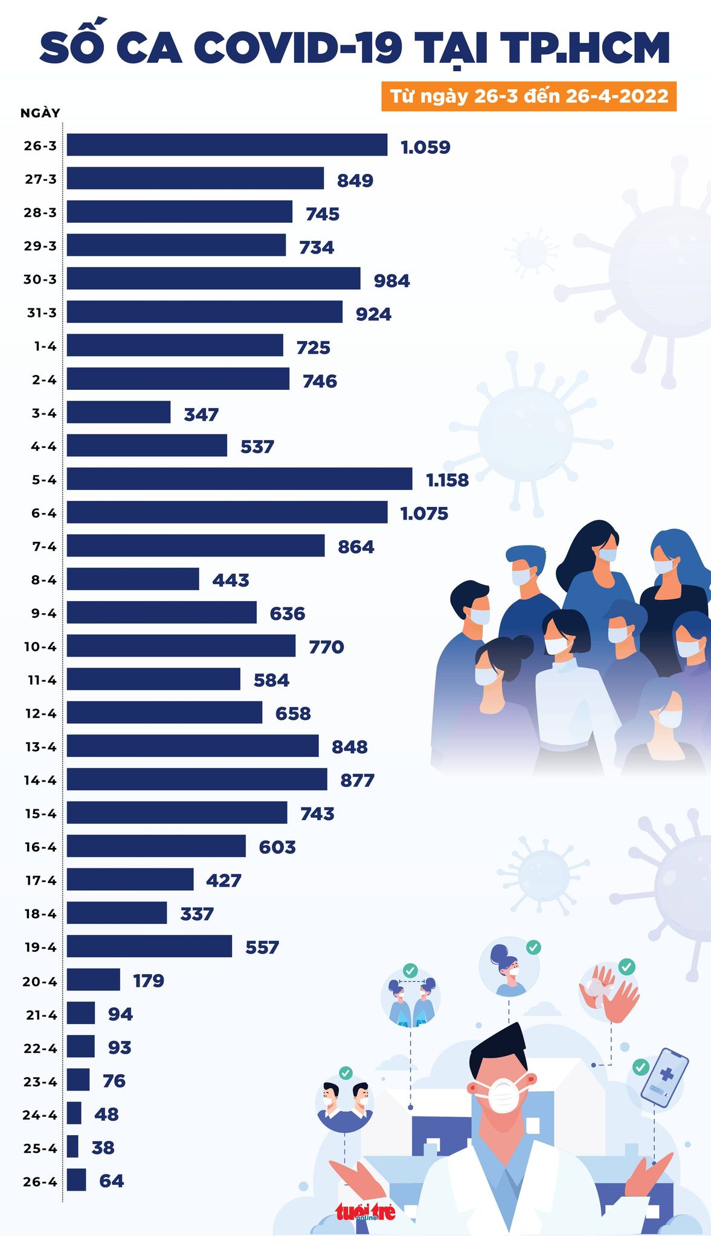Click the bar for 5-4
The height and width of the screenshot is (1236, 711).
click(x=239, y=479)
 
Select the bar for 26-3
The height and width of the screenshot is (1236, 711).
click(x=227, y=145)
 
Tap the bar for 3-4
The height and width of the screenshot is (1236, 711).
click(x=118, y=412)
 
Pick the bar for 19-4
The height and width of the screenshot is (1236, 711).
click(x=149, y=946)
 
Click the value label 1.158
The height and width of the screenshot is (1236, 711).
click(x=447, y=480)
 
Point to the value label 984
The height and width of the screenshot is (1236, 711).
click(x=391, y=281)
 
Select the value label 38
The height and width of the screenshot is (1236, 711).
click(x=103, y=1147)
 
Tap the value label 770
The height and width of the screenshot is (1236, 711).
click(x=326, y=647)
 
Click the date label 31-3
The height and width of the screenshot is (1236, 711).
click(x=40, y=313)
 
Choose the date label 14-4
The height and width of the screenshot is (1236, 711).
click(x=40, y=780)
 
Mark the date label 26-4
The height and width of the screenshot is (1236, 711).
click(x=40, y=1182)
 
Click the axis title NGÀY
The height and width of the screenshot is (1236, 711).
click(x=40, y=113)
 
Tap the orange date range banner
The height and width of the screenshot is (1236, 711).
click(x=529, y=97)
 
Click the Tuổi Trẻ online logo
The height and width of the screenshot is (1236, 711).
click(x=365, y=1211)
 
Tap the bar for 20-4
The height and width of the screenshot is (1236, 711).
click(x=93, y=980)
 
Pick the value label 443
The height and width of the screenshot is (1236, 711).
click(x=231, y=581)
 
